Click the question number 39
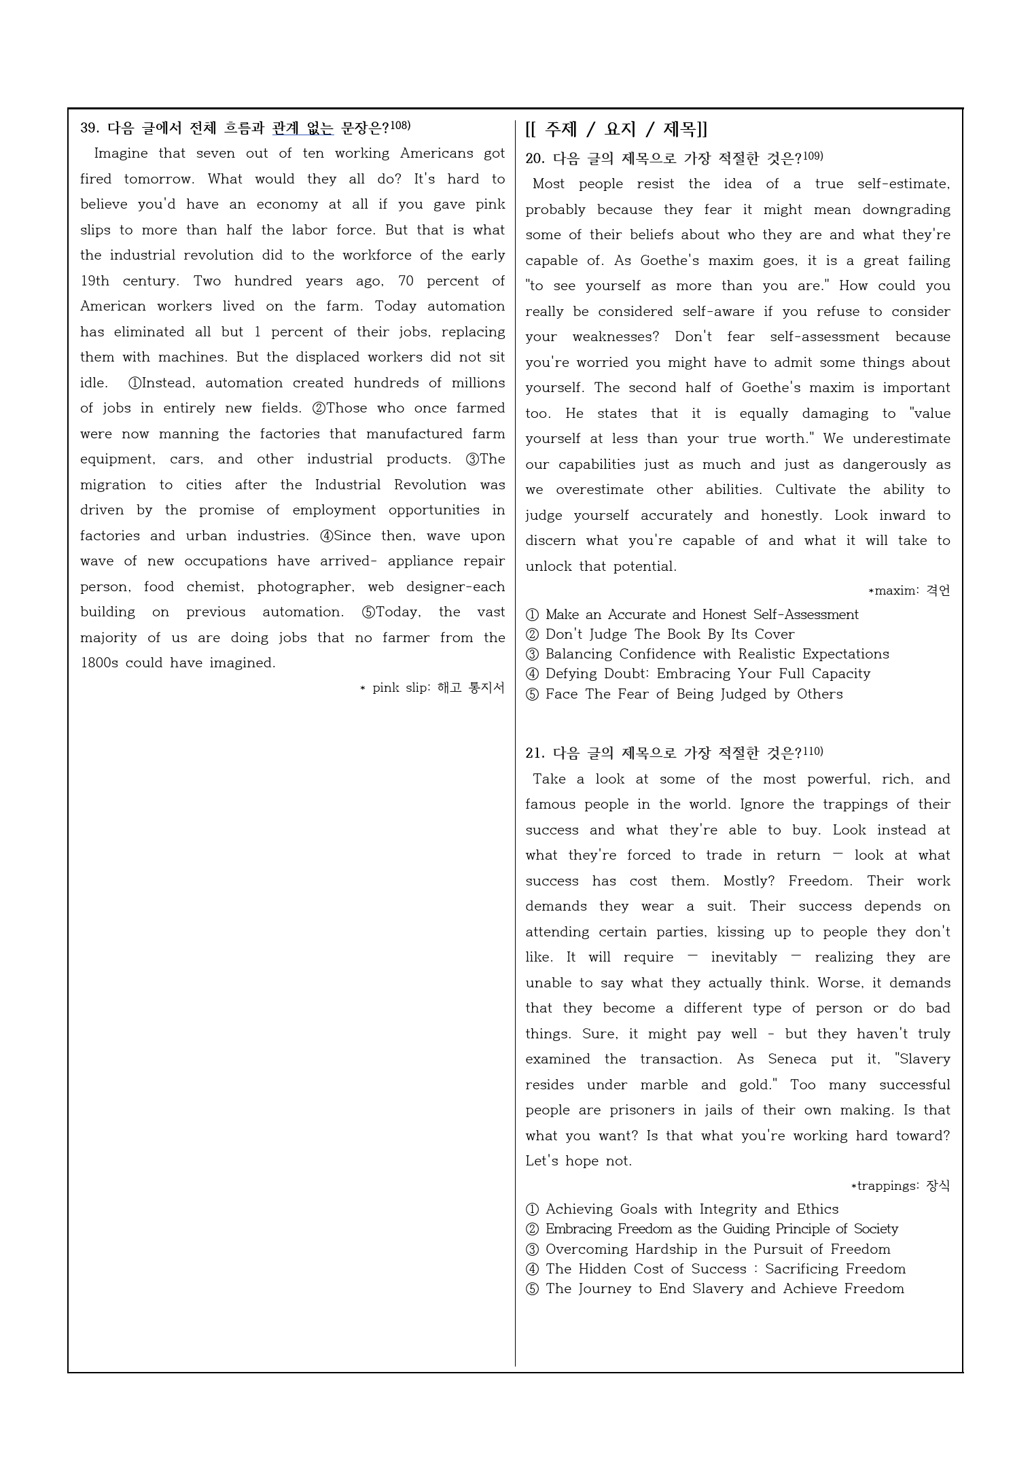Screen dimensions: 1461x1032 pos(90,128)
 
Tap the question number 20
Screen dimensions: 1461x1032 pos(535,159)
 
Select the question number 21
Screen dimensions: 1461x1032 pos(535,754)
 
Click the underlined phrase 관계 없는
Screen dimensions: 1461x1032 pos(303,128)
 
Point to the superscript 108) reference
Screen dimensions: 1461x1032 pos(400,125)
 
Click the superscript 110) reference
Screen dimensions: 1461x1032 pos(813,751)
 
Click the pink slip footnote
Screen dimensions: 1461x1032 pos(433,688)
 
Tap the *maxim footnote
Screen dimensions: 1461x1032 pos(909,591)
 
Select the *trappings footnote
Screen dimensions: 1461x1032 pos(900,1186)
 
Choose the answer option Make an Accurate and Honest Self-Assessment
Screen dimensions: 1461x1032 pos(701,614)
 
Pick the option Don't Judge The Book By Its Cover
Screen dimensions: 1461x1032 pos(669,634)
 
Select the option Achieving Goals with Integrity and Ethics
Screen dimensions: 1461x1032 pos(692,1209)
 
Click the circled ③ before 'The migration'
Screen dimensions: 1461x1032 pos(472,459)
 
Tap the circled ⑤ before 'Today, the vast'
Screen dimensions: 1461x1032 pos(368,612)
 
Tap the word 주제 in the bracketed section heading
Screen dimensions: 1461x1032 pos(561,129)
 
